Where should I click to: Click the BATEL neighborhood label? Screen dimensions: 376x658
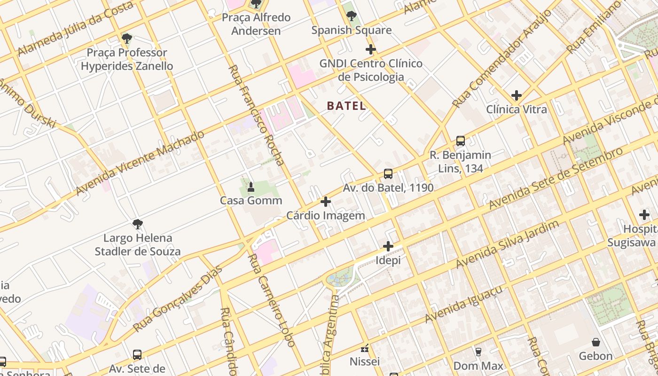click(x=346, y=106)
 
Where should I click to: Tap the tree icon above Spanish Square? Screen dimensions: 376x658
click(x=351, y=16)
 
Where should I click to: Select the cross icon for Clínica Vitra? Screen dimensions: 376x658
click(x=517, y=95)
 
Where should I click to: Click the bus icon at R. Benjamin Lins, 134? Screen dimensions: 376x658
click(x=461, y=141)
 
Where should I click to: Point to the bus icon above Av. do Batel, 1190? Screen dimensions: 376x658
click(x=388, y=173)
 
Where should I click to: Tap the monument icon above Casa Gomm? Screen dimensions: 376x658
click(x=251, y=187)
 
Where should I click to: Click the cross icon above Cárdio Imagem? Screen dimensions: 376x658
click(x=325, y=202)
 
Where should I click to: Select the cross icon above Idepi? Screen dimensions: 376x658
click(x=388, y=246)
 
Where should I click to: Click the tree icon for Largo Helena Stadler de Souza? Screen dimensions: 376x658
click(x=137, y=224)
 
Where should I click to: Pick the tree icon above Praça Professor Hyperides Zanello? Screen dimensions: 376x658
click(x=126, y=38)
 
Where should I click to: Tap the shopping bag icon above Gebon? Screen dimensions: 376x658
click(x=596, y=342)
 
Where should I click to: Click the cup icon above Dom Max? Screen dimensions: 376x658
click(x=478, y=352)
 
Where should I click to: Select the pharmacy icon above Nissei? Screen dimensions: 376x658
click(x=364, y=348)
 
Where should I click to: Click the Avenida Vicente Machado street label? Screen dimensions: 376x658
click(x=140, y=163)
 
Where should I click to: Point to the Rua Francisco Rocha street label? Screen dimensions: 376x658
click(x=257, y=116)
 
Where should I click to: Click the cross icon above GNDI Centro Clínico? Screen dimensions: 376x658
click(x=371, y=49)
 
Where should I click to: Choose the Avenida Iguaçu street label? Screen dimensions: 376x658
click(x=463, y=304)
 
